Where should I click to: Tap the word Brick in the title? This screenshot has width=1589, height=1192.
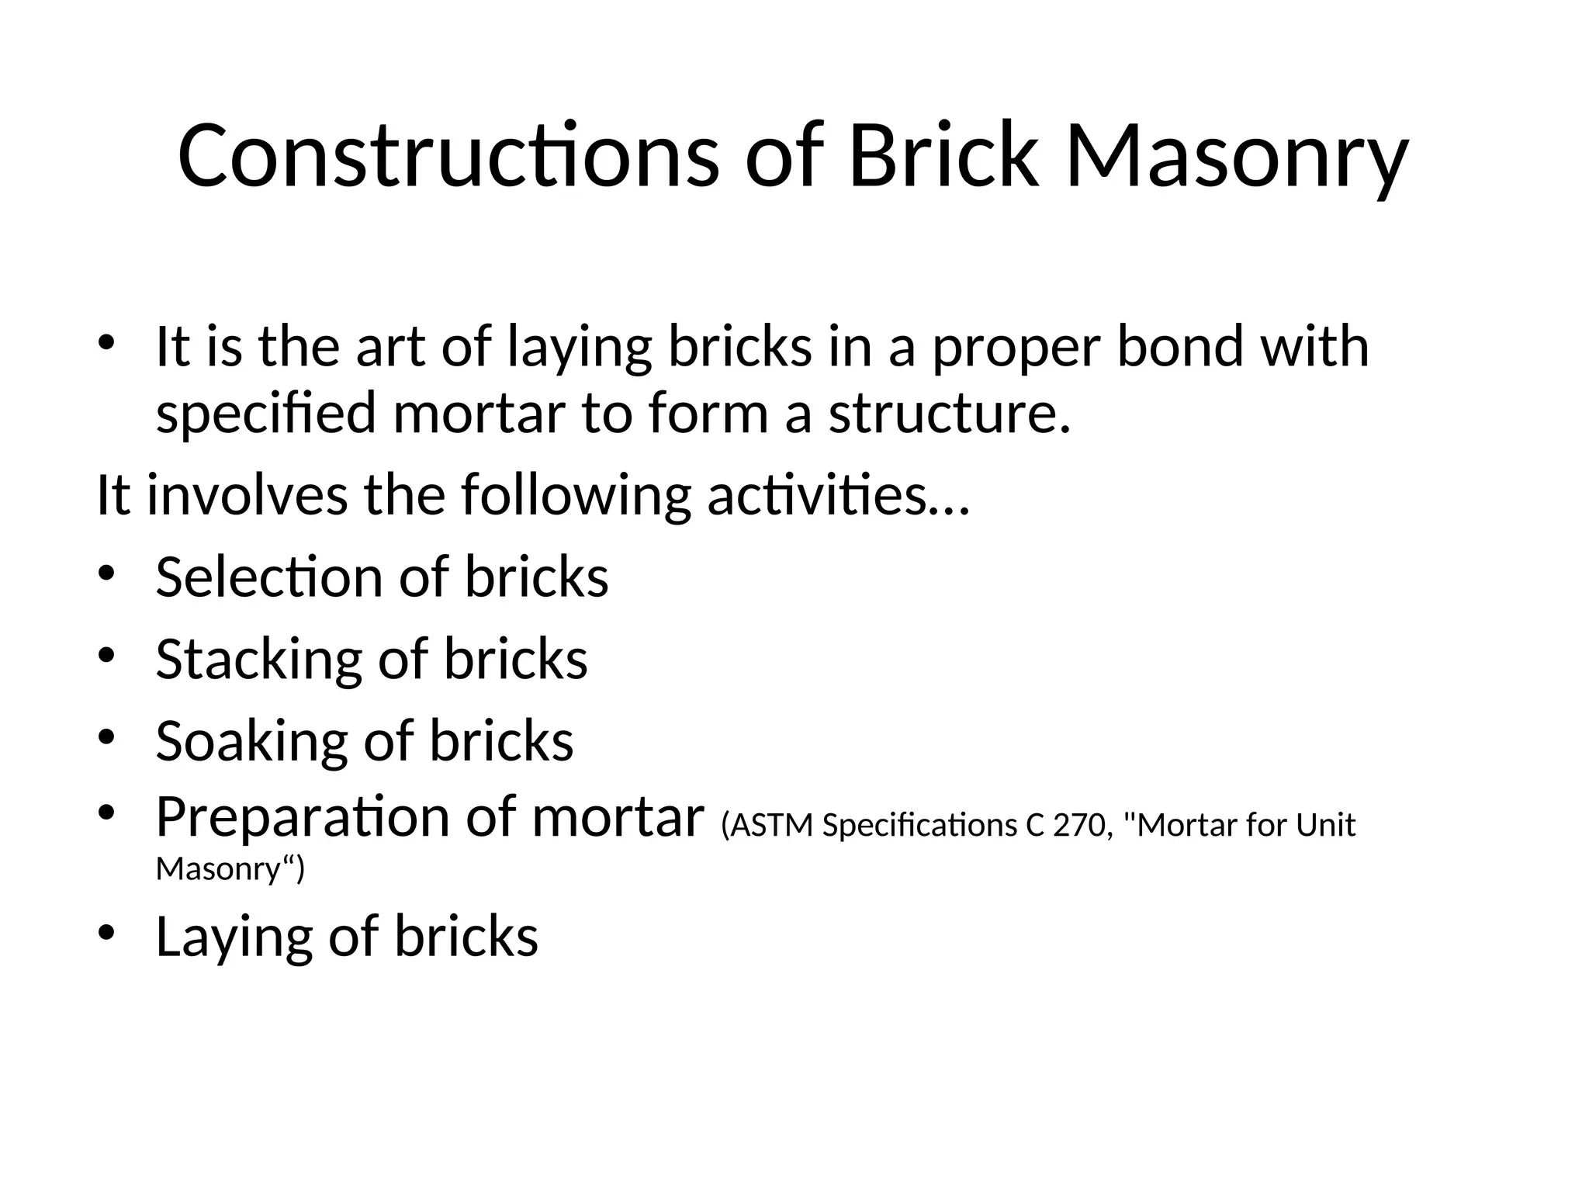coord(943,156)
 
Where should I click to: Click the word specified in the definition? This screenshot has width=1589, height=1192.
coord(266,414)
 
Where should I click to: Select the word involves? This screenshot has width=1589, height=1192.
coord(248,495)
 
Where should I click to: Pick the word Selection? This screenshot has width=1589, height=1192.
coord(269,577)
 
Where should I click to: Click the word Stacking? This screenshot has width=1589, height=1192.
coord(258,660)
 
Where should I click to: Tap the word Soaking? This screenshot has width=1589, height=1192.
coord(251,741)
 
